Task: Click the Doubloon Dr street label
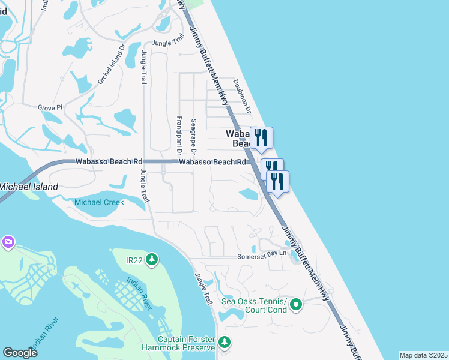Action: (246, 94)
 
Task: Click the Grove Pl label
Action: (50, 107)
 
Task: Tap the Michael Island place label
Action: (29, 187)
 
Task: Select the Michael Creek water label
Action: (99, 202)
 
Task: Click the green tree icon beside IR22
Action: (152, 259)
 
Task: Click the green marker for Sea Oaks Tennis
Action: (295, 306)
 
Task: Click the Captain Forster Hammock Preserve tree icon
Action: (224, 342)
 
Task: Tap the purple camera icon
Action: (8, 242)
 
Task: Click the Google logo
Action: (20, 353)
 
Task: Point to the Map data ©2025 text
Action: (423, 355)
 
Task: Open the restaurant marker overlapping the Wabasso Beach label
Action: (261, 137)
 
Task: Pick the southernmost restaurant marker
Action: (277, 181)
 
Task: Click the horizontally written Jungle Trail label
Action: (167, 43)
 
